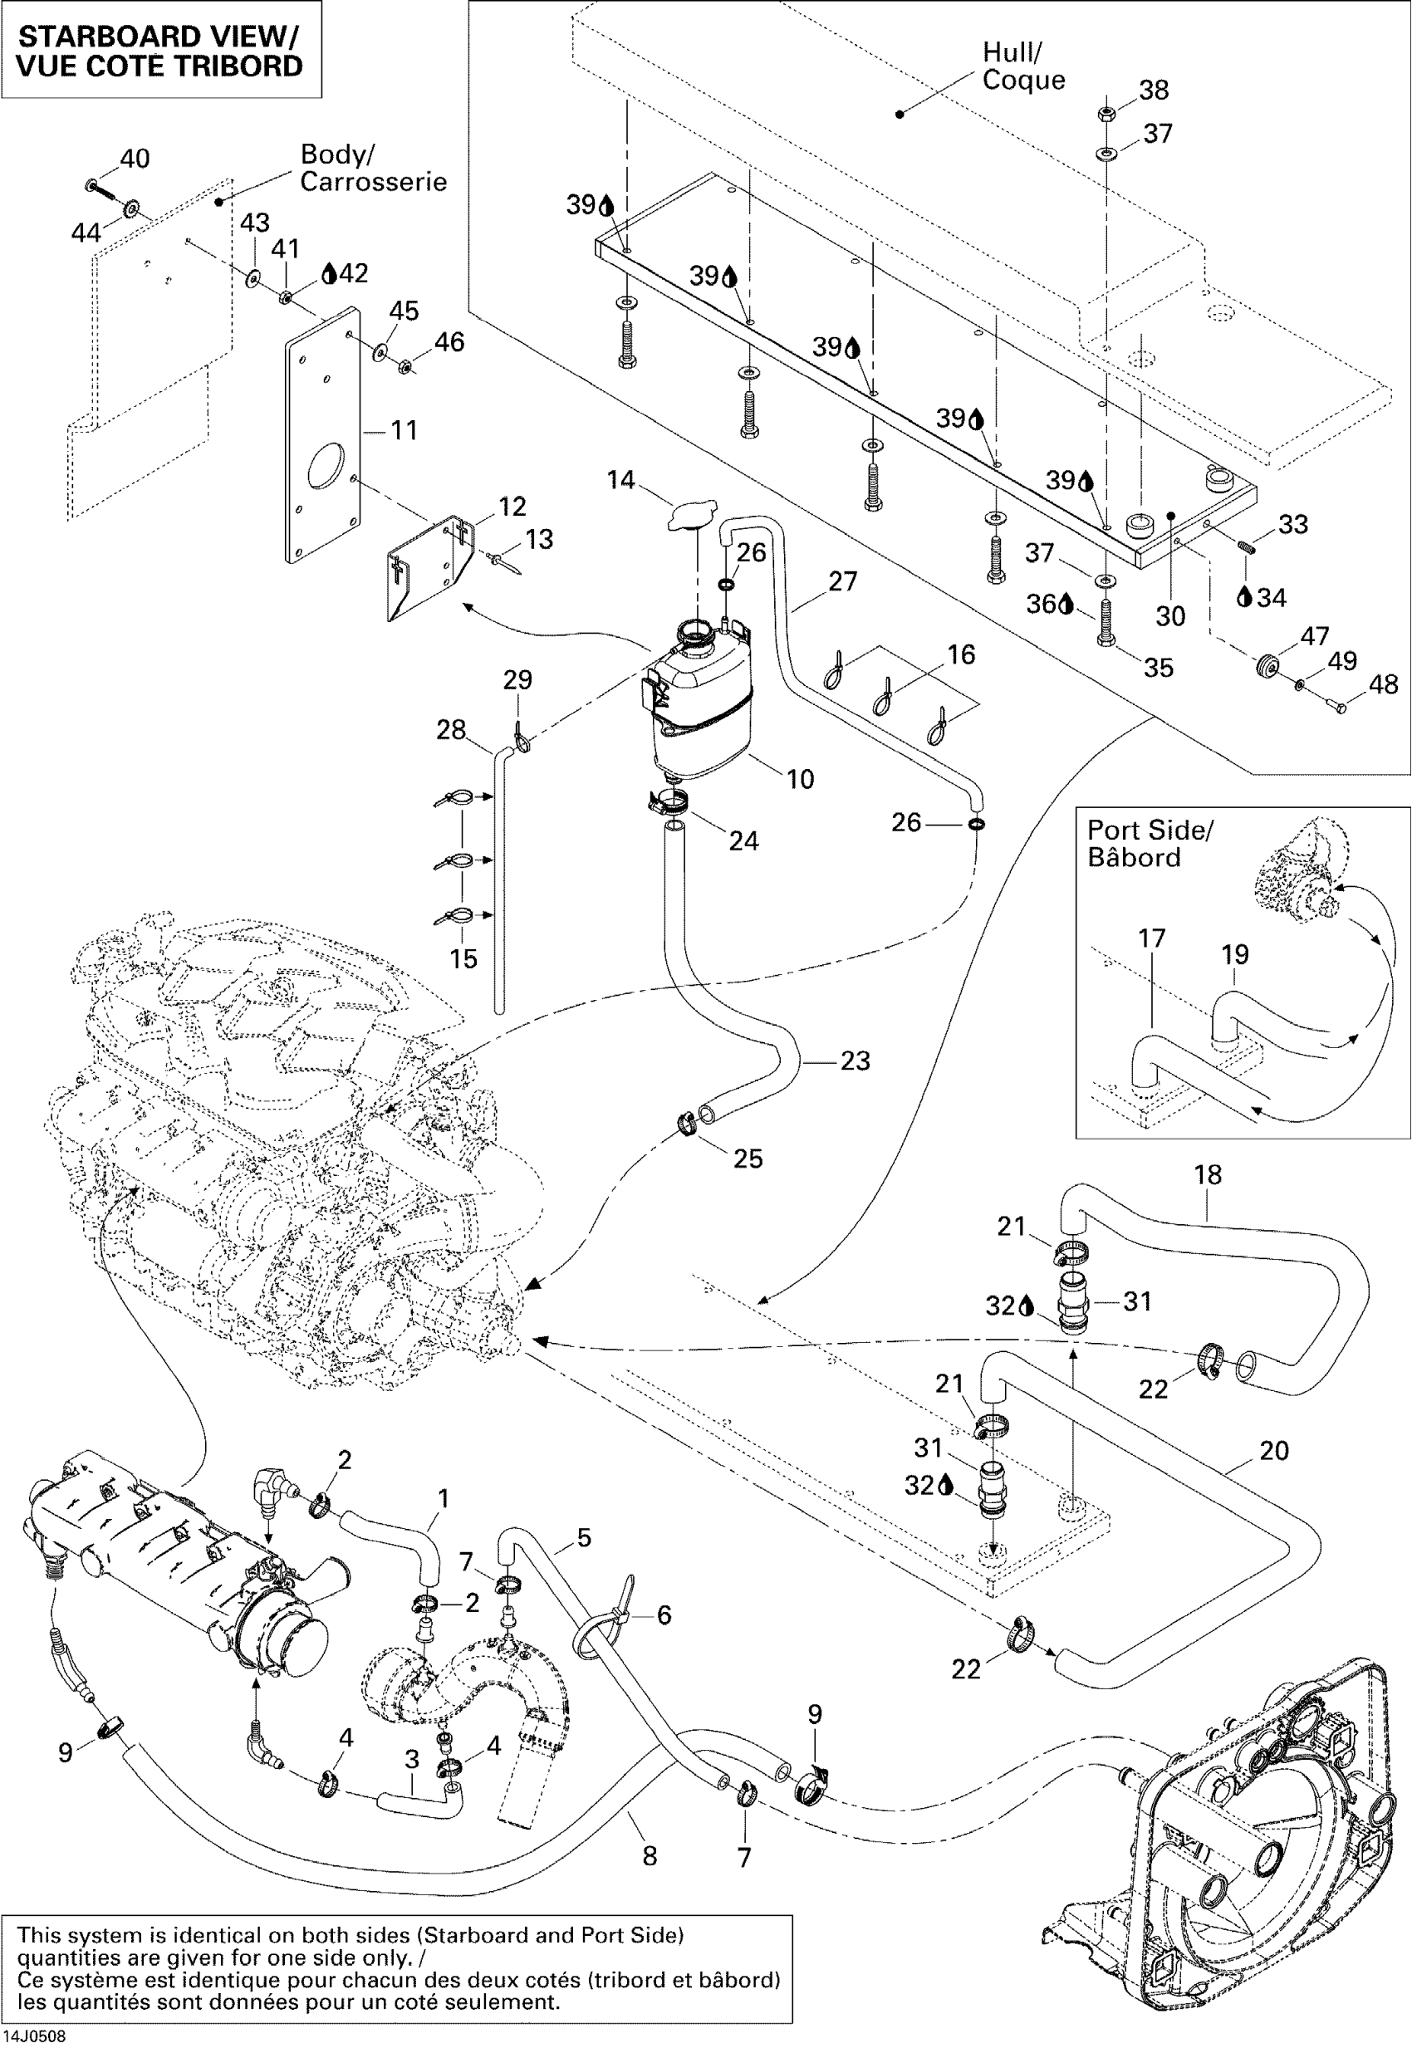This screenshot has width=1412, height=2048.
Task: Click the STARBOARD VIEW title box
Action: [160, 50]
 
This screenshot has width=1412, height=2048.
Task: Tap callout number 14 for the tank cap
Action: [620, 480]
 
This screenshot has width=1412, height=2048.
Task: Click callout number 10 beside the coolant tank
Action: [800, 779]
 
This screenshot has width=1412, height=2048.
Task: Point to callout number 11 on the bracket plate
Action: [404, 431]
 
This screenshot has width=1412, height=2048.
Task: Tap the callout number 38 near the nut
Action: [1154, 90]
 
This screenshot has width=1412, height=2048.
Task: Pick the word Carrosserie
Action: [373, 182]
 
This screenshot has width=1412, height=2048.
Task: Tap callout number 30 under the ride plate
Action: [1169, 615]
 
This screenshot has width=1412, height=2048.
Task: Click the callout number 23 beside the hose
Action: [855, 1061]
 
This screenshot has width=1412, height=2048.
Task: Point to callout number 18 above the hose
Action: [1208, 1175]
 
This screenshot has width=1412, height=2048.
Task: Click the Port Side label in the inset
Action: [1150, 830]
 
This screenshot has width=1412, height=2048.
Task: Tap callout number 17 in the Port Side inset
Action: [1151, 938]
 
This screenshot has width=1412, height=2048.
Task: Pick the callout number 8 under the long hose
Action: [650, 1856]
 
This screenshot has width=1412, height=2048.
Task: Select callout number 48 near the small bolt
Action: [1383, 683]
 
